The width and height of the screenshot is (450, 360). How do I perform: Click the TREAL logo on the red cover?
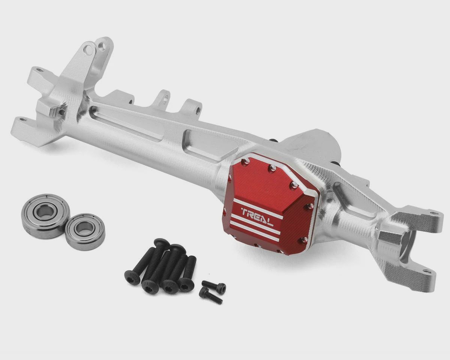click(x=257, y=219)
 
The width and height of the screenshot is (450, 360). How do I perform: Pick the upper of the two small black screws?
click(x=214, y=285)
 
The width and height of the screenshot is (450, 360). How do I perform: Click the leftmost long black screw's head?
click(x=132, y=277)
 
